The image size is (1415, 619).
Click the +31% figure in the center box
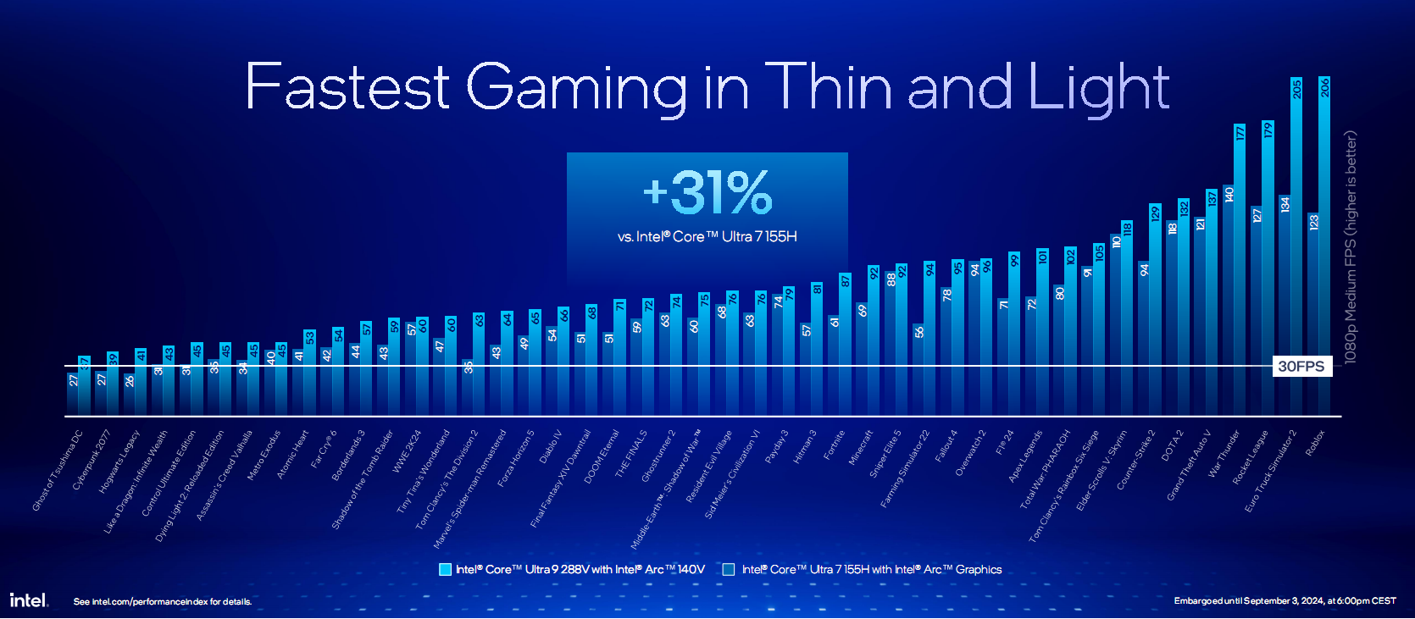[x=707, y=192]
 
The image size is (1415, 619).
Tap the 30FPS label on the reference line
[x=1301, y=366]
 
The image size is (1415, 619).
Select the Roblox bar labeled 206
[x=1324, y=246]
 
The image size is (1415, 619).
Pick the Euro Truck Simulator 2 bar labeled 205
[x=1296, y=246]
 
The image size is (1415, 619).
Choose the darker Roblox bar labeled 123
[x=1312, y=313]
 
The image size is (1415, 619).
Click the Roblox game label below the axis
[x=1315, y=443]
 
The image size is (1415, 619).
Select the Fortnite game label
[x=835, y=445]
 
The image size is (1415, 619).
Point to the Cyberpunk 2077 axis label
[x=92, y=460]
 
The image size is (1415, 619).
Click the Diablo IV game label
[x=551, y=446]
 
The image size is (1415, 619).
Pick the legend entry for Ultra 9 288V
[x=572, y=570]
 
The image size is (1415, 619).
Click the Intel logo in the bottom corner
[x=29, y=600]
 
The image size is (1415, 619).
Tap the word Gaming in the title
[x=576, y=87]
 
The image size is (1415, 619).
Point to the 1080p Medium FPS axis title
[x=1351, y=246]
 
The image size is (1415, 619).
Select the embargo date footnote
[x=1285, y=601]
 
